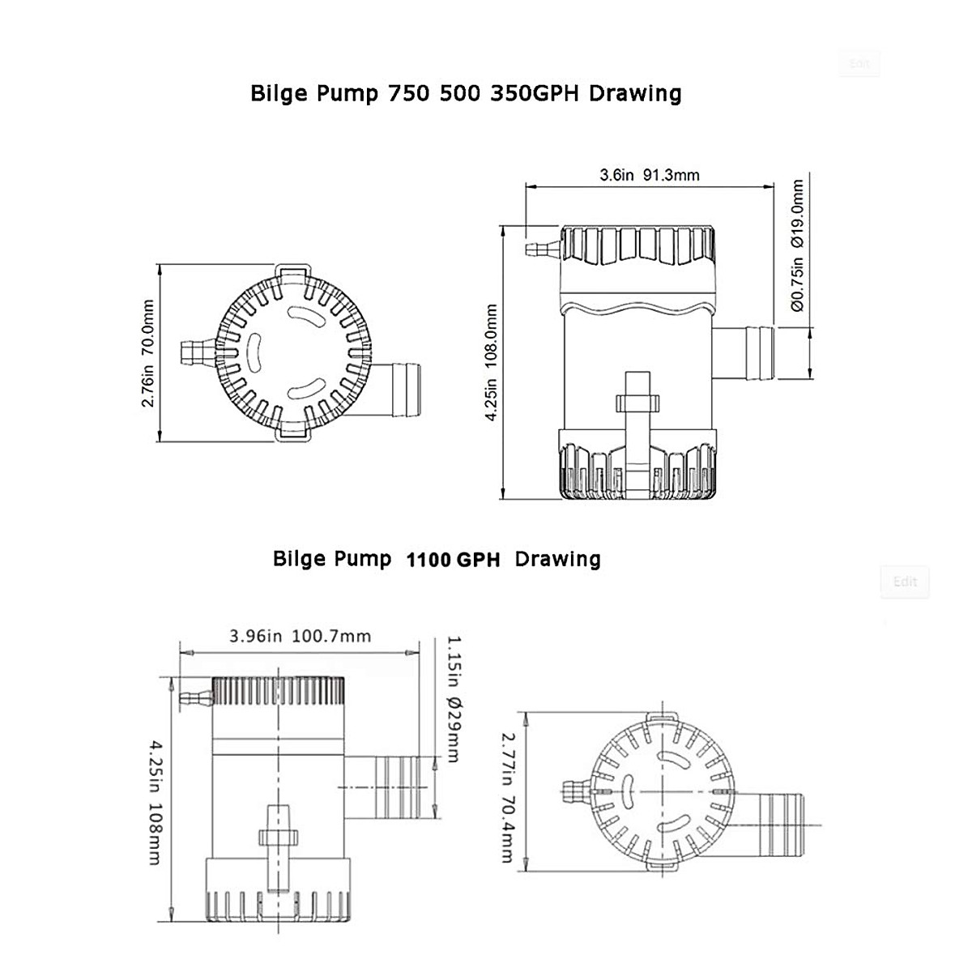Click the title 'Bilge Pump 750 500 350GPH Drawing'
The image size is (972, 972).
click(x=466, y=94)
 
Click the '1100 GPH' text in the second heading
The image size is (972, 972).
click(x=453, y=560)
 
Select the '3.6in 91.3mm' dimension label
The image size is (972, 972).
click(x=649, y=175)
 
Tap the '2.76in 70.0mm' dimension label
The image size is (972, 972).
click(x=148, y=353)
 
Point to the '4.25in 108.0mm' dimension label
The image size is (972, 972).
click(x=491, y=362)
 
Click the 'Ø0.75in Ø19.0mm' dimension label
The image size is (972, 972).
click(x=797, y=245)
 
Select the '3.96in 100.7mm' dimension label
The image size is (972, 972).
click(x=300, y=636)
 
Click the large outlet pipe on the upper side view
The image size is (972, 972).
click(x=744, y=352)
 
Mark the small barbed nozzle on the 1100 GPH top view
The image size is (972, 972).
click(x=578, y=790)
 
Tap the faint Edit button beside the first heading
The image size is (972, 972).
click(x=859, y=63)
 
